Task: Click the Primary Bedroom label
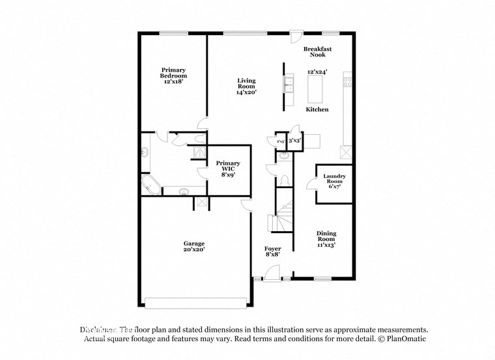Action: point(174,76)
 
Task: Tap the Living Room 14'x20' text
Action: point(246,87)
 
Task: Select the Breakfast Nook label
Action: point(317,52)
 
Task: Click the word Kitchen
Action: point(317,109)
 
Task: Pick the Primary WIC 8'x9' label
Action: point(228,169)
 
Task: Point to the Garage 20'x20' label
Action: point(194,247)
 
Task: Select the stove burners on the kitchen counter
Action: point(348,82)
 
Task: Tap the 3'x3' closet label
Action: point(294,140)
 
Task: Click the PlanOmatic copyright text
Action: point(404,339)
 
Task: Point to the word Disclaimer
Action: point(98,329)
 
